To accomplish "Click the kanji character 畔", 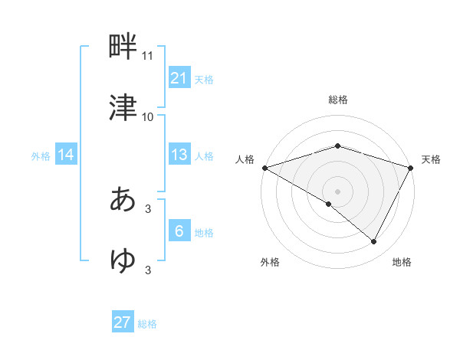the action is (x=123, y=48).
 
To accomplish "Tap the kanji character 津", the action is (x=123, y=108).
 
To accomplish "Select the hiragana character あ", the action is (x=123, y=200).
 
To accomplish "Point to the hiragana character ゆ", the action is (x=123, y=260).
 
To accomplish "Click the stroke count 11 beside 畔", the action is (x=148, y=57).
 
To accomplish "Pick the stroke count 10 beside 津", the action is (x=148, y=116).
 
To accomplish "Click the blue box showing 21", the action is (x=179, y=78).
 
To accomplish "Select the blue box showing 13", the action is (x=179, y=155).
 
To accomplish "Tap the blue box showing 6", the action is (x=179, y=231).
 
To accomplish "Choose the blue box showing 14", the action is (x=66, y=155).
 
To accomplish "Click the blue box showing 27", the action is (x=123, y=322).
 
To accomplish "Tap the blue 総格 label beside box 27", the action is (x=147, y=324).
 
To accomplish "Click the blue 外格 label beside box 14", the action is (x=41, y=155).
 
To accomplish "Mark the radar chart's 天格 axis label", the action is (x=431, y=159).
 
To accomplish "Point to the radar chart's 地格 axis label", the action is (x=402, y=263).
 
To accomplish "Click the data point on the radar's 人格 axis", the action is (x=264, y=168).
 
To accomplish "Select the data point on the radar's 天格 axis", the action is (x=411, y=168).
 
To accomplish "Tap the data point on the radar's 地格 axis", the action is (x=374, y=242).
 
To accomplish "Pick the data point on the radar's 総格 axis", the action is (x=338, y=146).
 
